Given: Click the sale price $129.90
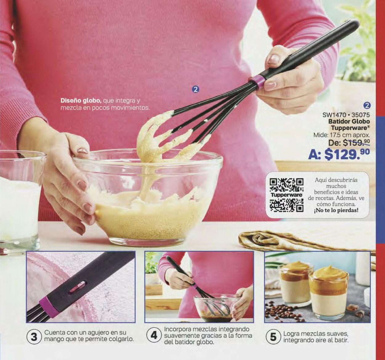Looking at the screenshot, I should pyautogui.click(x=339, y=154).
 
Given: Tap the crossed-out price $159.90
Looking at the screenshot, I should pyautogui.click(x=356, y=143).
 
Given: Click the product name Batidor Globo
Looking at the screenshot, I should pyautogui.click(x=349, y=121).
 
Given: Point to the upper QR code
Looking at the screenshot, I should pyautogui.click(x=286, y=185).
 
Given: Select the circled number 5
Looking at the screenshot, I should pyautogui.click(x=273, y=337).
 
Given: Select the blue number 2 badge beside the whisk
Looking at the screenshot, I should pyautogui.click(x=196, y=90).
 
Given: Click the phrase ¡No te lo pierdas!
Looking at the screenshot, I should pyautogui.click(x=336, y=210).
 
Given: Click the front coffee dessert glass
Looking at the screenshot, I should pyautogui.click(x=328, y=292).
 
